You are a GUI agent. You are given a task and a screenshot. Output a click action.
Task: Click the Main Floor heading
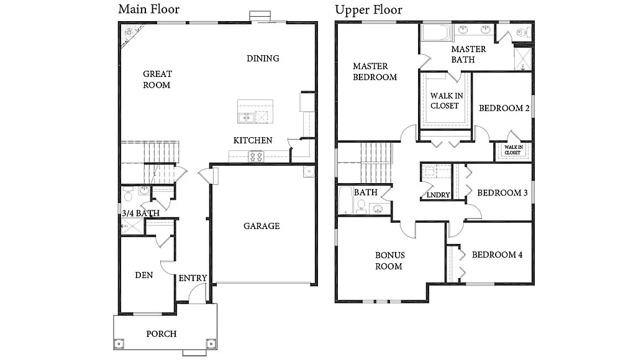pyautogui.click(x=148, y=9)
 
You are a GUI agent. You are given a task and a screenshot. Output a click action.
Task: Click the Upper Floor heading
pyautogui.click(x=368, y=9)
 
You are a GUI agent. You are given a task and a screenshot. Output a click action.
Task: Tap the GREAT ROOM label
pyautogui.click(x=157, y=79)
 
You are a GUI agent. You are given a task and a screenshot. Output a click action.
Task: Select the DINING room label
pyautogui.click(x=263, y=58)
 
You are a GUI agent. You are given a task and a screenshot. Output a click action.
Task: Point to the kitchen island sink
pyautogui.click(x=244, y=117)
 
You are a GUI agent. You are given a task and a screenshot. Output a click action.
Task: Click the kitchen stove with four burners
pyautogui.click(x=256, y=156)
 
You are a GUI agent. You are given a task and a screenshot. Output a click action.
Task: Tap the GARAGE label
pyautogui.click(x=261, y=226)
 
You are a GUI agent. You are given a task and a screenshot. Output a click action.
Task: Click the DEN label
pyautogui.click(x=144, y=275)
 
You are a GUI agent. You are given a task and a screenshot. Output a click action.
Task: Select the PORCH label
pyautogui.click(x=161, y=334)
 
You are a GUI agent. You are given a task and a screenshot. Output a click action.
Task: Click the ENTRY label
pyautogui.click(x=193, y=278)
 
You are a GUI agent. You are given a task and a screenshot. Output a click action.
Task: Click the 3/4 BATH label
pyautogui.click(x=140, y=213)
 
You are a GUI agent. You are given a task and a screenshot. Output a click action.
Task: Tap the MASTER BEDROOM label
pyautogui.click(x=375, y=71)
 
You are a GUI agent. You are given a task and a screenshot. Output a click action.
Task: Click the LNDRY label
pyautogui.click(x=438, y=195)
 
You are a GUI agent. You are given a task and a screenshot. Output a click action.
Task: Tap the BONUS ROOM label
pyautogui.click(x=389, y=261)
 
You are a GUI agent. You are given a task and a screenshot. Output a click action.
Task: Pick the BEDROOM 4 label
pyautogui.click(x=497, y=254)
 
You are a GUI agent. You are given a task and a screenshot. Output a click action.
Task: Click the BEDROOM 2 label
pyautogui.click(x=504, y=108)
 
